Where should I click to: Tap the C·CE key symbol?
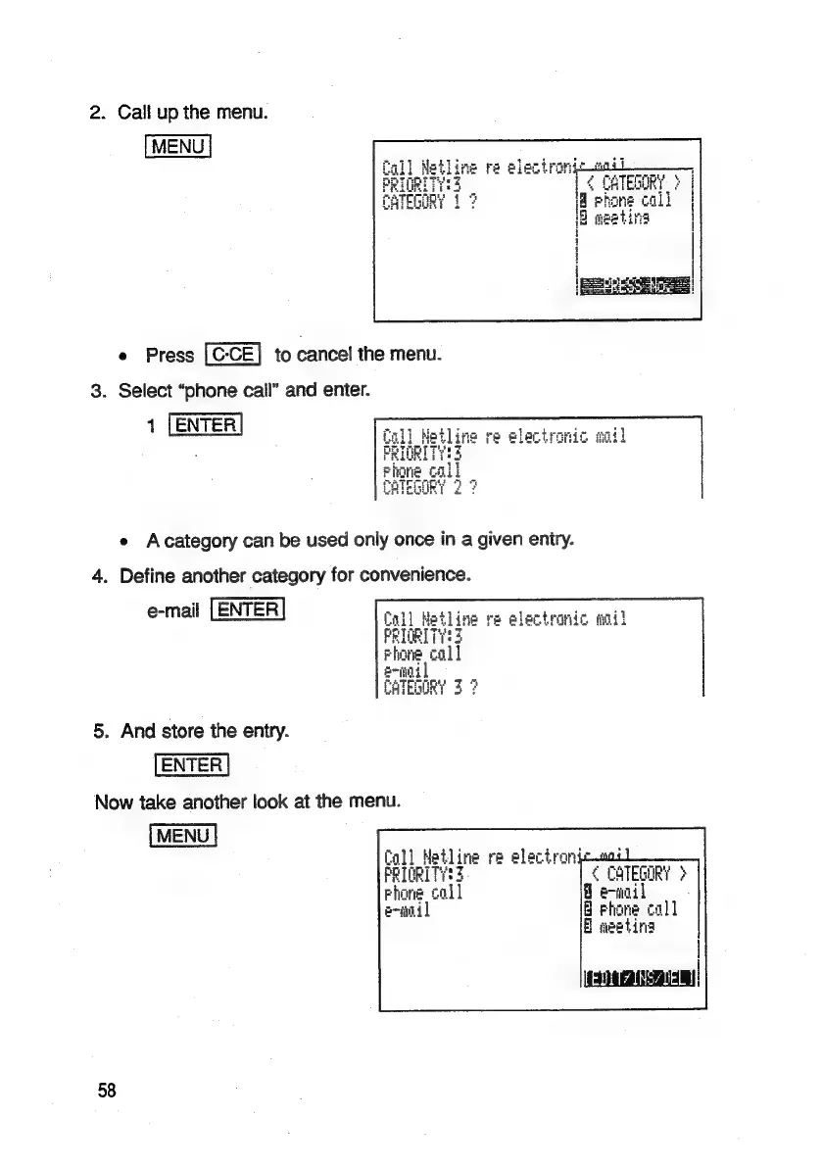tap(231, 355)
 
